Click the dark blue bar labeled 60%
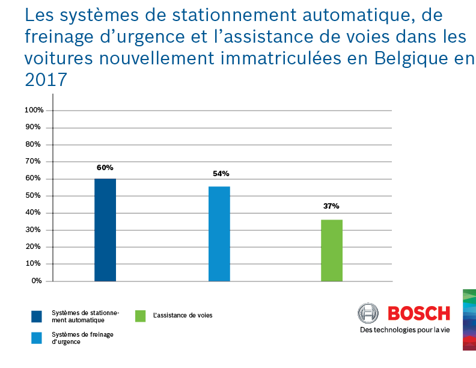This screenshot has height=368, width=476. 105,230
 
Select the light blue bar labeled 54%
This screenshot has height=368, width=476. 219,234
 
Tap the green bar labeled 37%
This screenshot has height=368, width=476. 332,250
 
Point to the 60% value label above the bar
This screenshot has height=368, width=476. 105,168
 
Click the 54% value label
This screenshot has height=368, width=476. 221,174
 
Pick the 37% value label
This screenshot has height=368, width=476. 331,206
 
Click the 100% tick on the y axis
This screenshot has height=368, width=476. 34,110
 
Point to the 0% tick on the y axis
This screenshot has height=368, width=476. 37,281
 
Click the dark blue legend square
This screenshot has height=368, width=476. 37,316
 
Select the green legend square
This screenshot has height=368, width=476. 141,316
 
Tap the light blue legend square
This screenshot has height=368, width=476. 37,338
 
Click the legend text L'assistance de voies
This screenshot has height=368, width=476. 183,315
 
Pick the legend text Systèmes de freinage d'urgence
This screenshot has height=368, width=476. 75,338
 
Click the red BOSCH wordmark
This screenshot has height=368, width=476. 419,313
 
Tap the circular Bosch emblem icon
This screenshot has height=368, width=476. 368,313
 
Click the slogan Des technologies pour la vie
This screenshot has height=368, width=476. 404,330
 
